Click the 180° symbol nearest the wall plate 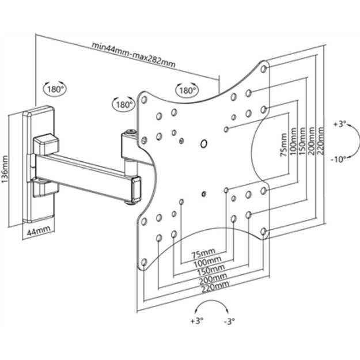pyautogui.click(x=55, y=89)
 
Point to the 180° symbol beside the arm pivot pyautogui.click(x=124, y=105)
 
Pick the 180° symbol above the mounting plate pyautogui.click(x=186, y=90)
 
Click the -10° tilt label pyautogui.click(x=340, y=160)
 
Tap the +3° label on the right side pyautogui.click(x=340, y=124)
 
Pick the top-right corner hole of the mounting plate pyautogui.click(x=264, y=69)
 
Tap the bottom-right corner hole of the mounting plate pyautogui.click(x=263, y=230)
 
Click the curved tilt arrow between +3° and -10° pyautogui.click(x=355, y=141)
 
